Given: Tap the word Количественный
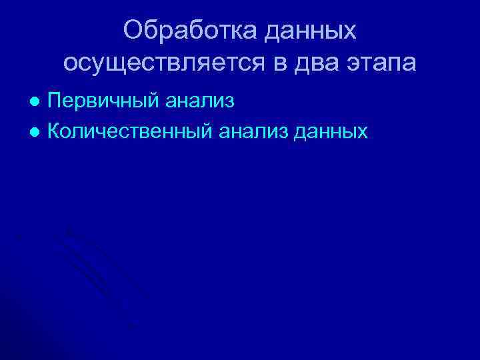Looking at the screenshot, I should (132, 131).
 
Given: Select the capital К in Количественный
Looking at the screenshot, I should (56, 131).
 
